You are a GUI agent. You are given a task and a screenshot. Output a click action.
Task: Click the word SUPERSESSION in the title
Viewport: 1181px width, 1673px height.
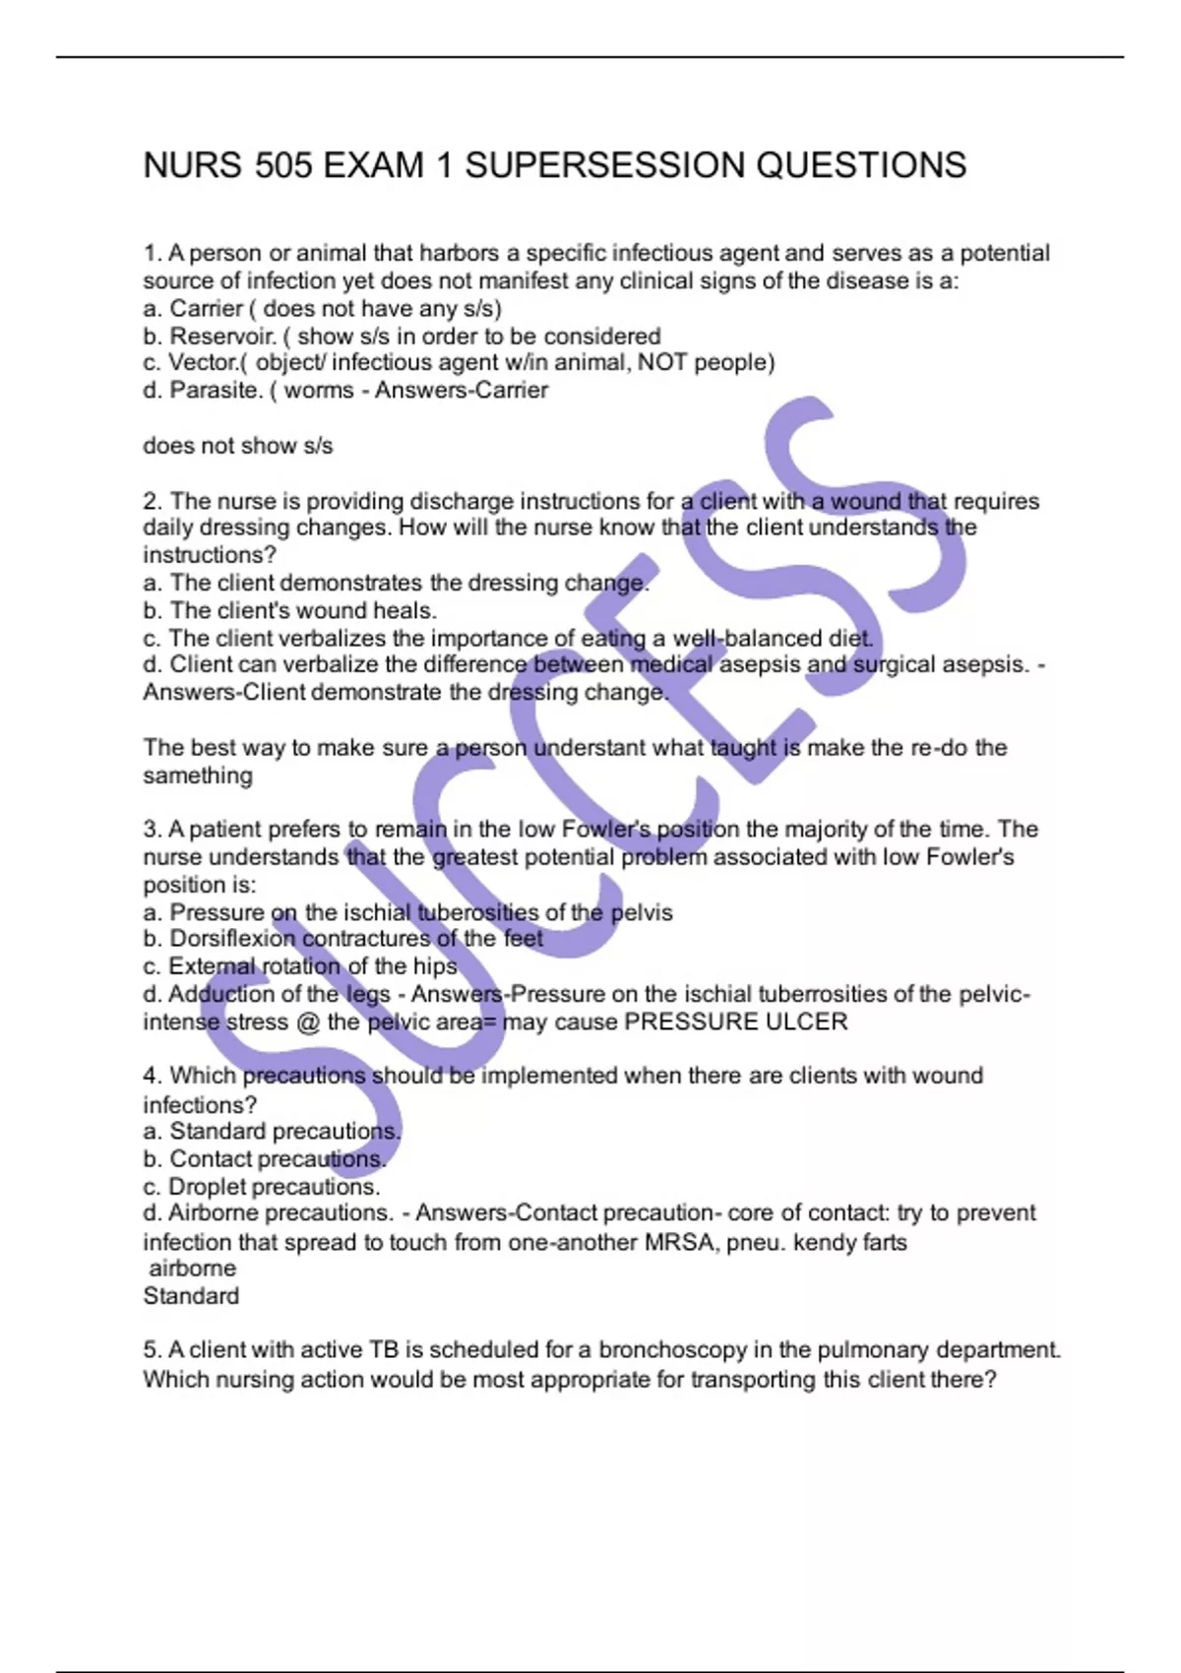[604, 165]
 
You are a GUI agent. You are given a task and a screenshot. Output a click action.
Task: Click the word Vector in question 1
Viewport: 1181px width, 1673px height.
[202, 362]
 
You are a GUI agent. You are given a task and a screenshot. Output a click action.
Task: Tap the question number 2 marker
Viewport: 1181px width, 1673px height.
[151, 501]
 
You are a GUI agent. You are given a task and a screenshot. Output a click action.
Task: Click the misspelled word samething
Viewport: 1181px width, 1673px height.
[198, 775]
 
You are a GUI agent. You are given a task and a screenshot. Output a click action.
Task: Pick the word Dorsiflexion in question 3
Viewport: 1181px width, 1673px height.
[231, 939]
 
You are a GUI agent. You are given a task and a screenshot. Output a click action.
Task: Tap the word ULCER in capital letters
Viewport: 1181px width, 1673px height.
[806, 1022]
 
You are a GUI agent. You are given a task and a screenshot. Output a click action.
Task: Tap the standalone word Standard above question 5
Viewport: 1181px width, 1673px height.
[191, 1296]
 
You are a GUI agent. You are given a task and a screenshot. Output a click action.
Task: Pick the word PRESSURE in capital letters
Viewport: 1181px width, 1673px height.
[690, 1022]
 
